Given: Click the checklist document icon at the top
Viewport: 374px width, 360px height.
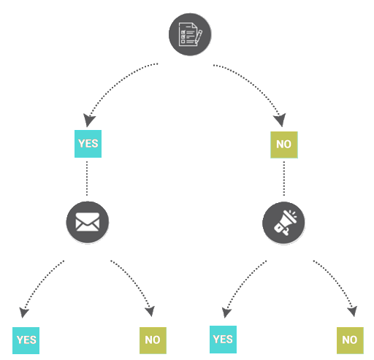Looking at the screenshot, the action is (190, 34).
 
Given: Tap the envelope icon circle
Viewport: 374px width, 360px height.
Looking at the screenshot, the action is (88, 222).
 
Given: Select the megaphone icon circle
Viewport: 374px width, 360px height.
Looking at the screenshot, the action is (283, 223).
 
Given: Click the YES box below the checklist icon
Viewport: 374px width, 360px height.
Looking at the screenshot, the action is (88, 144).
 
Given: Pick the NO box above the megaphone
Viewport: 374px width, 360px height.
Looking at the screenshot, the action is (284, 145).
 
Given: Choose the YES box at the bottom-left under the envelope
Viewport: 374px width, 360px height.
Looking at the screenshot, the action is (26, 340).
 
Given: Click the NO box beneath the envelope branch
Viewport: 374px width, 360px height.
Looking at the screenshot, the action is (153, 340).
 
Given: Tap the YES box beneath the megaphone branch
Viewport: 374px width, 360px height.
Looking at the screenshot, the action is (223, 340).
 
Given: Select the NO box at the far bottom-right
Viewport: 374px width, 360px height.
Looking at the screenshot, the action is (350, 340).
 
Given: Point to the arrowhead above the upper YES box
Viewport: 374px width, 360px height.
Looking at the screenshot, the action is (88, 120).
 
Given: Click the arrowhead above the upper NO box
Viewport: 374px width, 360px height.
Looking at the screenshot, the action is (280, 120).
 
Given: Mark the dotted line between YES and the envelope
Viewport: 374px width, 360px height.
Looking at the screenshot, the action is (87, 178).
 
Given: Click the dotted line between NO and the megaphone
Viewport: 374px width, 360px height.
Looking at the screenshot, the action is (284, 178).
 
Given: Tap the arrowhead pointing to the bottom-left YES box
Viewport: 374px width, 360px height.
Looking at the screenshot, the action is (23, 313).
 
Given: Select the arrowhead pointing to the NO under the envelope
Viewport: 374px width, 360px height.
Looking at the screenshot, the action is (150, 311).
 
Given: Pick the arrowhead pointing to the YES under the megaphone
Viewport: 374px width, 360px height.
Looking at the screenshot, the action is (226, 313).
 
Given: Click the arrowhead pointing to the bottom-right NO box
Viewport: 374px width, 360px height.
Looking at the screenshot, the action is (353, 311).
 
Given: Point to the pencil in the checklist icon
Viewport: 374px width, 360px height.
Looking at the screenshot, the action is (199, 37).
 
